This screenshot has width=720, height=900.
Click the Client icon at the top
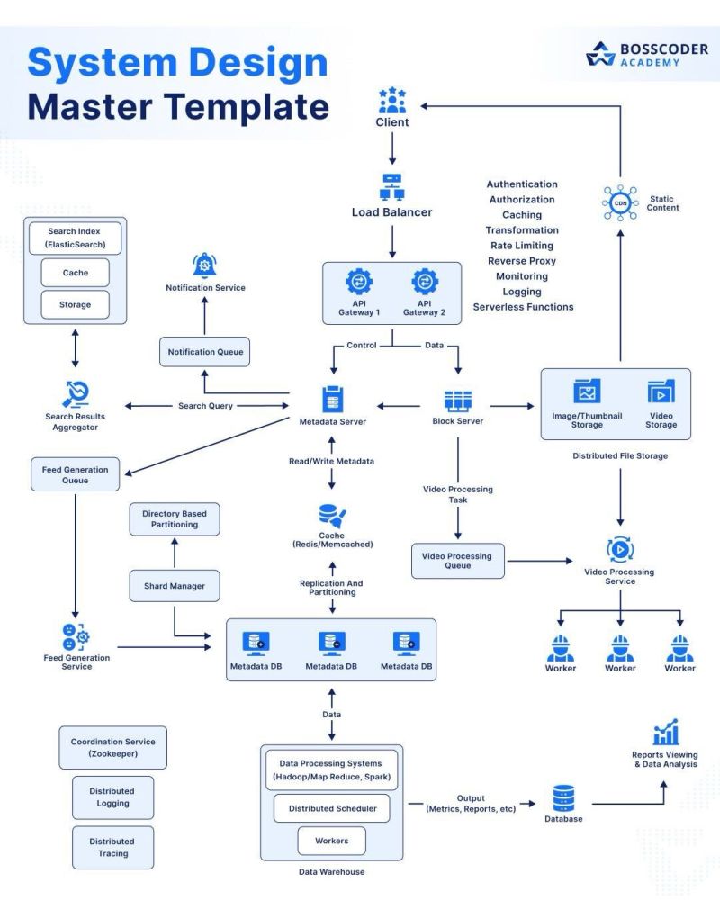click(392, 98)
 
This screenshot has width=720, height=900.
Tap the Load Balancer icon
click(391, 186)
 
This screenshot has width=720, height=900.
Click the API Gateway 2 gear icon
click(425, 282)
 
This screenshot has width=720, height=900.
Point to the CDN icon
click(620, 203)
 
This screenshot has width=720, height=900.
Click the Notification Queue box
click(203, 351)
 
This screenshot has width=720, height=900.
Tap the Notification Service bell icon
click(204, 265)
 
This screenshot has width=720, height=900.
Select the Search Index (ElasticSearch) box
click(76, 238)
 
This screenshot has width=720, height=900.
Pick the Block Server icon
click(458, 400)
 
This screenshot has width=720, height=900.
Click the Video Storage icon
click(661, 393)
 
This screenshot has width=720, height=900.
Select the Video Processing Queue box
click(457, 560)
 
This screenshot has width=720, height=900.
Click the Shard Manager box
click(175, 586)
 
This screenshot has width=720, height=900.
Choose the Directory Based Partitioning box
click(175, 519)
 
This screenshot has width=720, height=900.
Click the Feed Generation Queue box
click(75, 475)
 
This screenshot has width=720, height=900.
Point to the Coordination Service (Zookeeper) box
click(112, 748)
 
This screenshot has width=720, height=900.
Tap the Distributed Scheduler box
click(332, 808)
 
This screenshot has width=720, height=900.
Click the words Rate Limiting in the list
click(522, 246)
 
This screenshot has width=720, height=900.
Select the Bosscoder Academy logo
click(646, 55)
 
